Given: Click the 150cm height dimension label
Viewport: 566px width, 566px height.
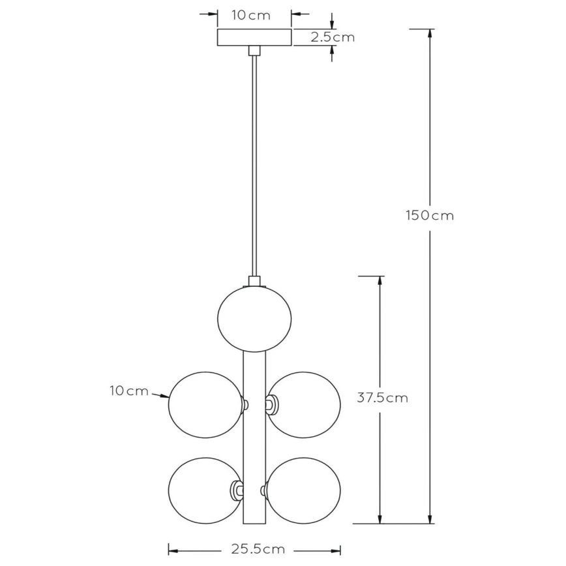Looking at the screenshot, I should tap(428, 215).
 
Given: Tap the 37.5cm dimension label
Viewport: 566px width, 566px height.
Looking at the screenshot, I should tap(383, 398).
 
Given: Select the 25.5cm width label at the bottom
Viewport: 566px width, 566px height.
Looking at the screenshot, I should tap(258, 549).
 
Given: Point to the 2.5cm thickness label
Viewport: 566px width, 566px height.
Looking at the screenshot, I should tap(333, 37).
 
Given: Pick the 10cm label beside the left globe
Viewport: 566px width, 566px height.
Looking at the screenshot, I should tap(128, 391).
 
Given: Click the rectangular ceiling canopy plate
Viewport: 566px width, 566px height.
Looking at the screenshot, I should tap(254, 37).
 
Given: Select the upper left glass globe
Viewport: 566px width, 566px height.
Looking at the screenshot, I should tap(204, 404).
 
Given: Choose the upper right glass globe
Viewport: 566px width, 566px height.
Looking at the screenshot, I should tap(305, 404).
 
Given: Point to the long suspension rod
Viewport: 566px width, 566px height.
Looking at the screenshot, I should tap(254, 163).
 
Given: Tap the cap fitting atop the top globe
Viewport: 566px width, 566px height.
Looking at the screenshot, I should tap(254, 282).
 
